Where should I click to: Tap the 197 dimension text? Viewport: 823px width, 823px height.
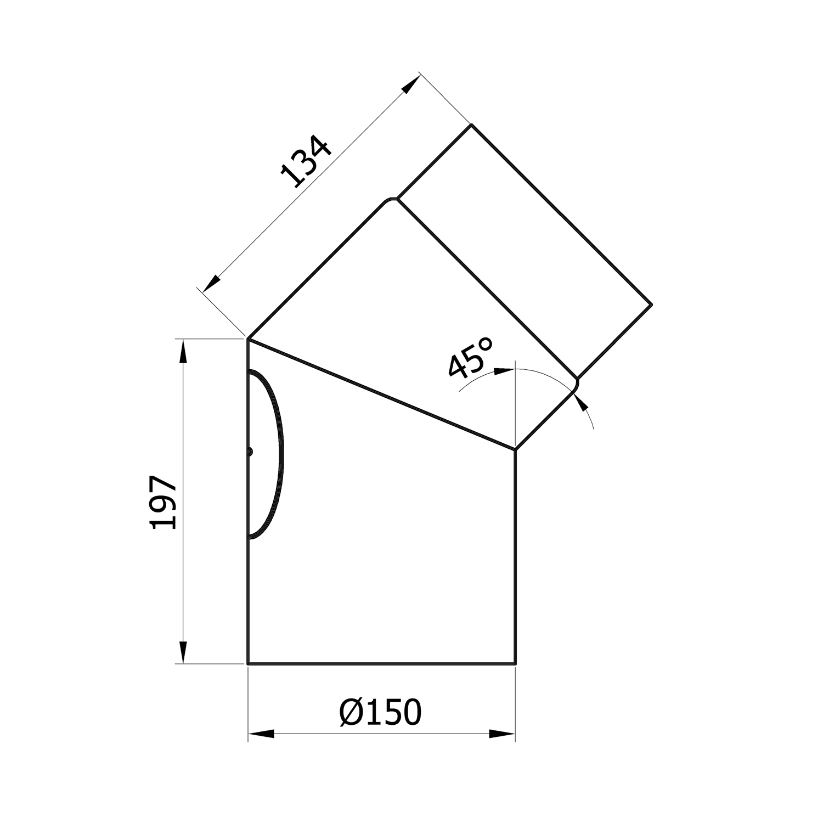click(x=163, y=502)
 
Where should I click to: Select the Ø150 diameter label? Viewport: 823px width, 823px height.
click(x=381, y=712)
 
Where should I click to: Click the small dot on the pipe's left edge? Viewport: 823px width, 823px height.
click(x=250, y=452)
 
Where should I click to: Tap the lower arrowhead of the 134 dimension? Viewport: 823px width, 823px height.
click(x=212, y=283)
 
